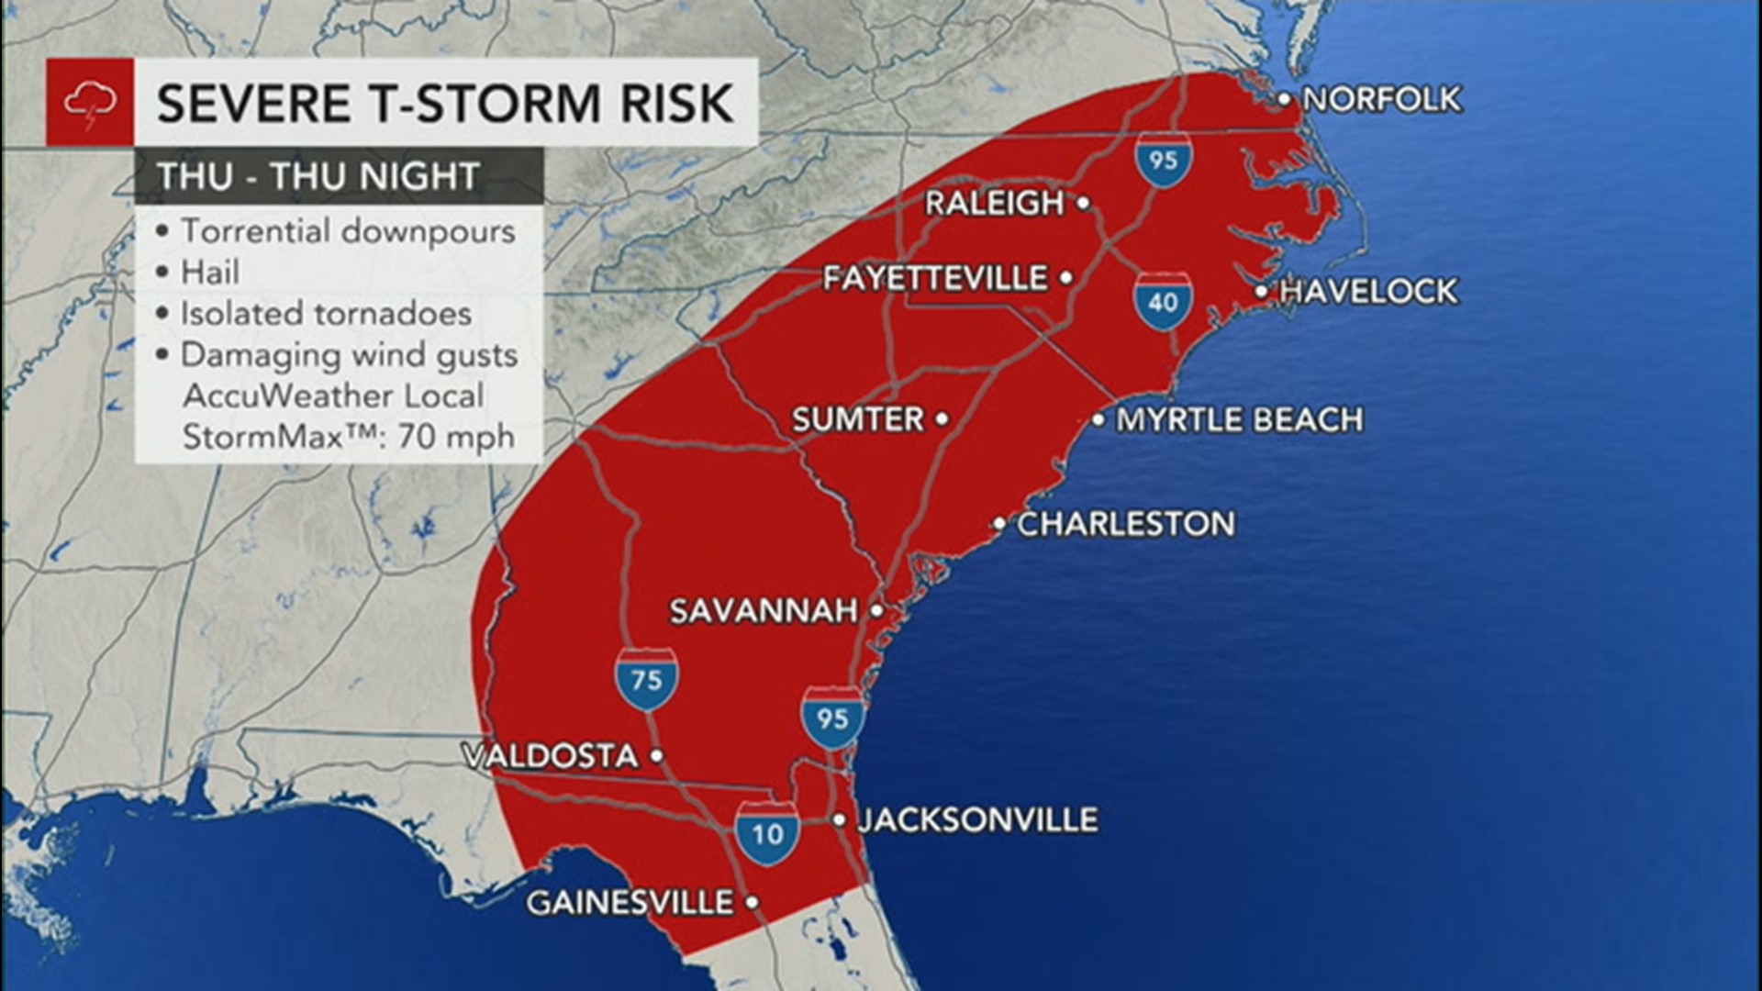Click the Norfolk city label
click(1381, 99)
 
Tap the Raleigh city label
click(994, 203)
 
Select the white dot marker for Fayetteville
click(1066, 277)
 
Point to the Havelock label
click(1367, 292)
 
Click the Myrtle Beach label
click(1239, 420)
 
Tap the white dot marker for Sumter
click(942, 419)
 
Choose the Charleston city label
click(1126, 524)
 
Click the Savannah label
click(764, 610)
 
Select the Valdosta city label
click(551, 756)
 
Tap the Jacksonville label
click(977, 819)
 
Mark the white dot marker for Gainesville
click(752, 902)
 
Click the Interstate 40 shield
click(1162, 300)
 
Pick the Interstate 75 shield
click(647, 679)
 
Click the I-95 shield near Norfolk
click(1162, 160)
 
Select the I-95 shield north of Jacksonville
click(832, 716)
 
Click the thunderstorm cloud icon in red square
click(90, 102)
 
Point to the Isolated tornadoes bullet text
click(326, 314)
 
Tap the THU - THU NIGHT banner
click(318, 176)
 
